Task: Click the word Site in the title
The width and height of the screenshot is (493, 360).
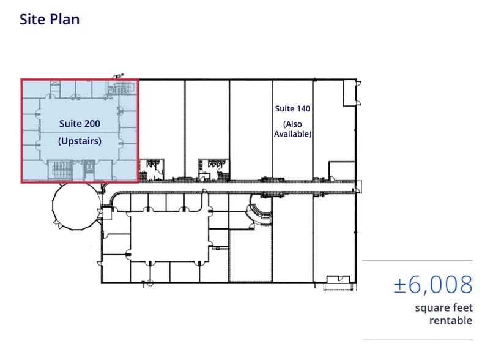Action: point(32,19)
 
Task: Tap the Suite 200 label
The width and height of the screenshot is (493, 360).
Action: point(80,123)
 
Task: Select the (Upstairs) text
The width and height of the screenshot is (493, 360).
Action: point(80,141)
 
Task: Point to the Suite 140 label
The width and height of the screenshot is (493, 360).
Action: point(292,108)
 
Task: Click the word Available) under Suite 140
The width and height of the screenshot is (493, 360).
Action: point(292,134)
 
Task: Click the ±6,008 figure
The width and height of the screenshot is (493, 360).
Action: point(433,285)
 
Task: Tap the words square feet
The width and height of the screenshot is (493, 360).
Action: point(443,307)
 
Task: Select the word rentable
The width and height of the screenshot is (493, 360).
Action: point(451,321)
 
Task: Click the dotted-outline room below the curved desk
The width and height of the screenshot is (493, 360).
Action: point(250,256)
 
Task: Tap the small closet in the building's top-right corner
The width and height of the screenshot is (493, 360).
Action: point(349,93)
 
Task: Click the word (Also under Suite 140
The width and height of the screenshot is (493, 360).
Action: point(292,124)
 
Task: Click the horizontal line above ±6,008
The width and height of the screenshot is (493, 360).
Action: point(417,261)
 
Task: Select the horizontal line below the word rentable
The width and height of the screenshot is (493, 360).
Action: point(417,340)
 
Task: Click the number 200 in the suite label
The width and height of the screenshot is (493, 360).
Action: point(92,123)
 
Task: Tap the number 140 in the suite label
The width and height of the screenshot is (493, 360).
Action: point(303,108)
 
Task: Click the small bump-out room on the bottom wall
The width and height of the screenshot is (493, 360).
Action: point(338,279)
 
